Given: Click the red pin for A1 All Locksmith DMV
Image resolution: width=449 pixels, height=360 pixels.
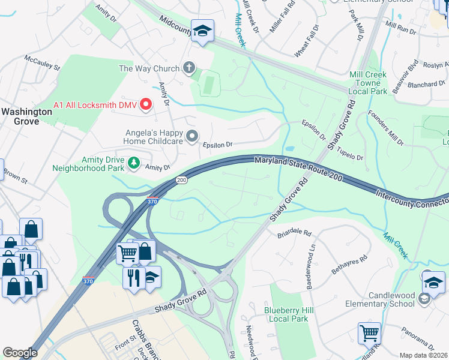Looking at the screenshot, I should (x=145, y=106).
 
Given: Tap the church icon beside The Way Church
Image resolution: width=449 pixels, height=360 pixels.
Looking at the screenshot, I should (x=190, y=68).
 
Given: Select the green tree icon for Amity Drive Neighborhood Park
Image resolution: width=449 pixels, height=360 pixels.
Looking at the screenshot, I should (x=134, y=162).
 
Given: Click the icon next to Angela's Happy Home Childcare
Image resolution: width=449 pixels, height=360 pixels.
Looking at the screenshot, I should (x=192, y=136).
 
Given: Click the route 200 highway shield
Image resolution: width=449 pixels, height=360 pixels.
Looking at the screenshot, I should (x=181, y=180).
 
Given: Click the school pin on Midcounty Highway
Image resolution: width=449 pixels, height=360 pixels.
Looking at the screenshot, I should (x=202, y=31).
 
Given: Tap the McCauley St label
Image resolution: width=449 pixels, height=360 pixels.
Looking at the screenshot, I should (x=43, y=63).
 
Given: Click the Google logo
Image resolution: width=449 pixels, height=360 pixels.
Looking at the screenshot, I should (x=20, y=353).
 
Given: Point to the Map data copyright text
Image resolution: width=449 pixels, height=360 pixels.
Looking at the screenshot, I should (x=423, y=355).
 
